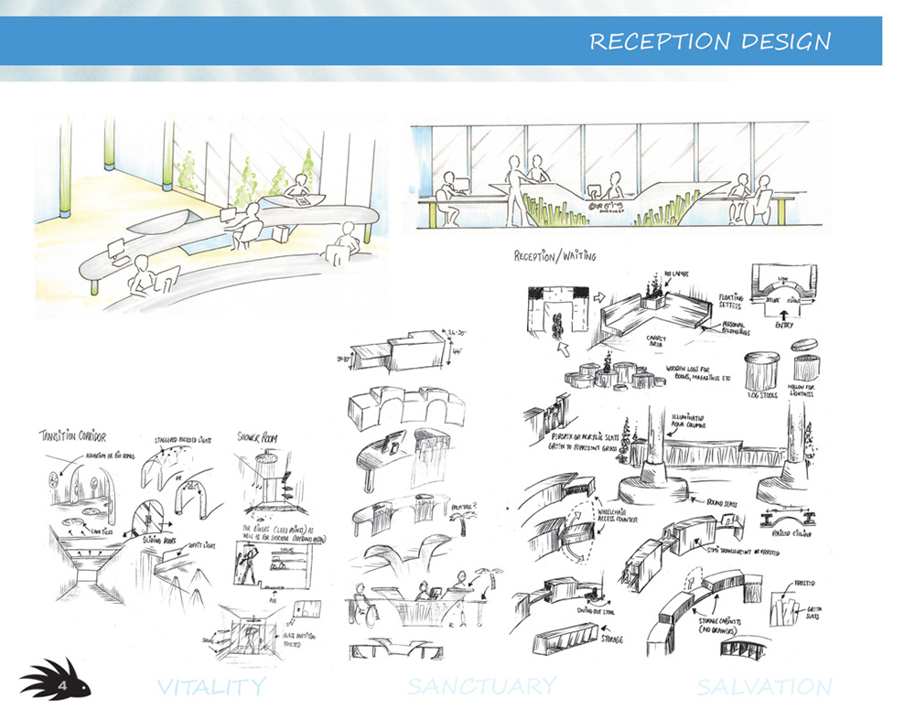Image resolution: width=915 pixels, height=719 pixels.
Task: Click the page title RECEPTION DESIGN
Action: [x=710, y=42]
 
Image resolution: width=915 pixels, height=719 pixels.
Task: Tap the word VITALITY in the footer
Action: [x=211, y=686]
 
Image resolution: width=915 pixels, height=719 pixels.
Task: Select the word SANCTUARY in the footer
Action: [x=482, y=686]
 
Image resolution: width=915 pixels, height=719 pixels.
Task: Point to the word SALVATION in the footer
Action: [x=764, y=686]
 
